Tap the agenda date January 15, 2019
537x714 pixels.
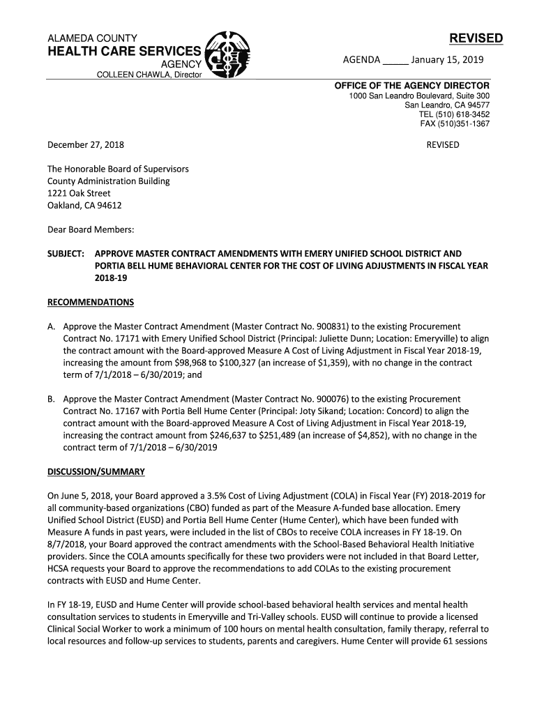447,60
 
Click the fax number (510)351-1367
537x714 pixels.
465,124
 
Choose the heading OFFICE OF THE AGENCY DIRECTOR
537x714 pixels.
411,86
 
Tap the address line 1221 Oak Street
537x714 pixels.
79,193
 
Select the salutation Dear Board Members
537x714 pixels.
90,229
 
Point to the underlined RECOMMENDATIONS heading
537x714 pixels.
90,303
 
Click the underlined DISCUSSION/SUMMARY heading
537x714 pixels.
96,472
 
